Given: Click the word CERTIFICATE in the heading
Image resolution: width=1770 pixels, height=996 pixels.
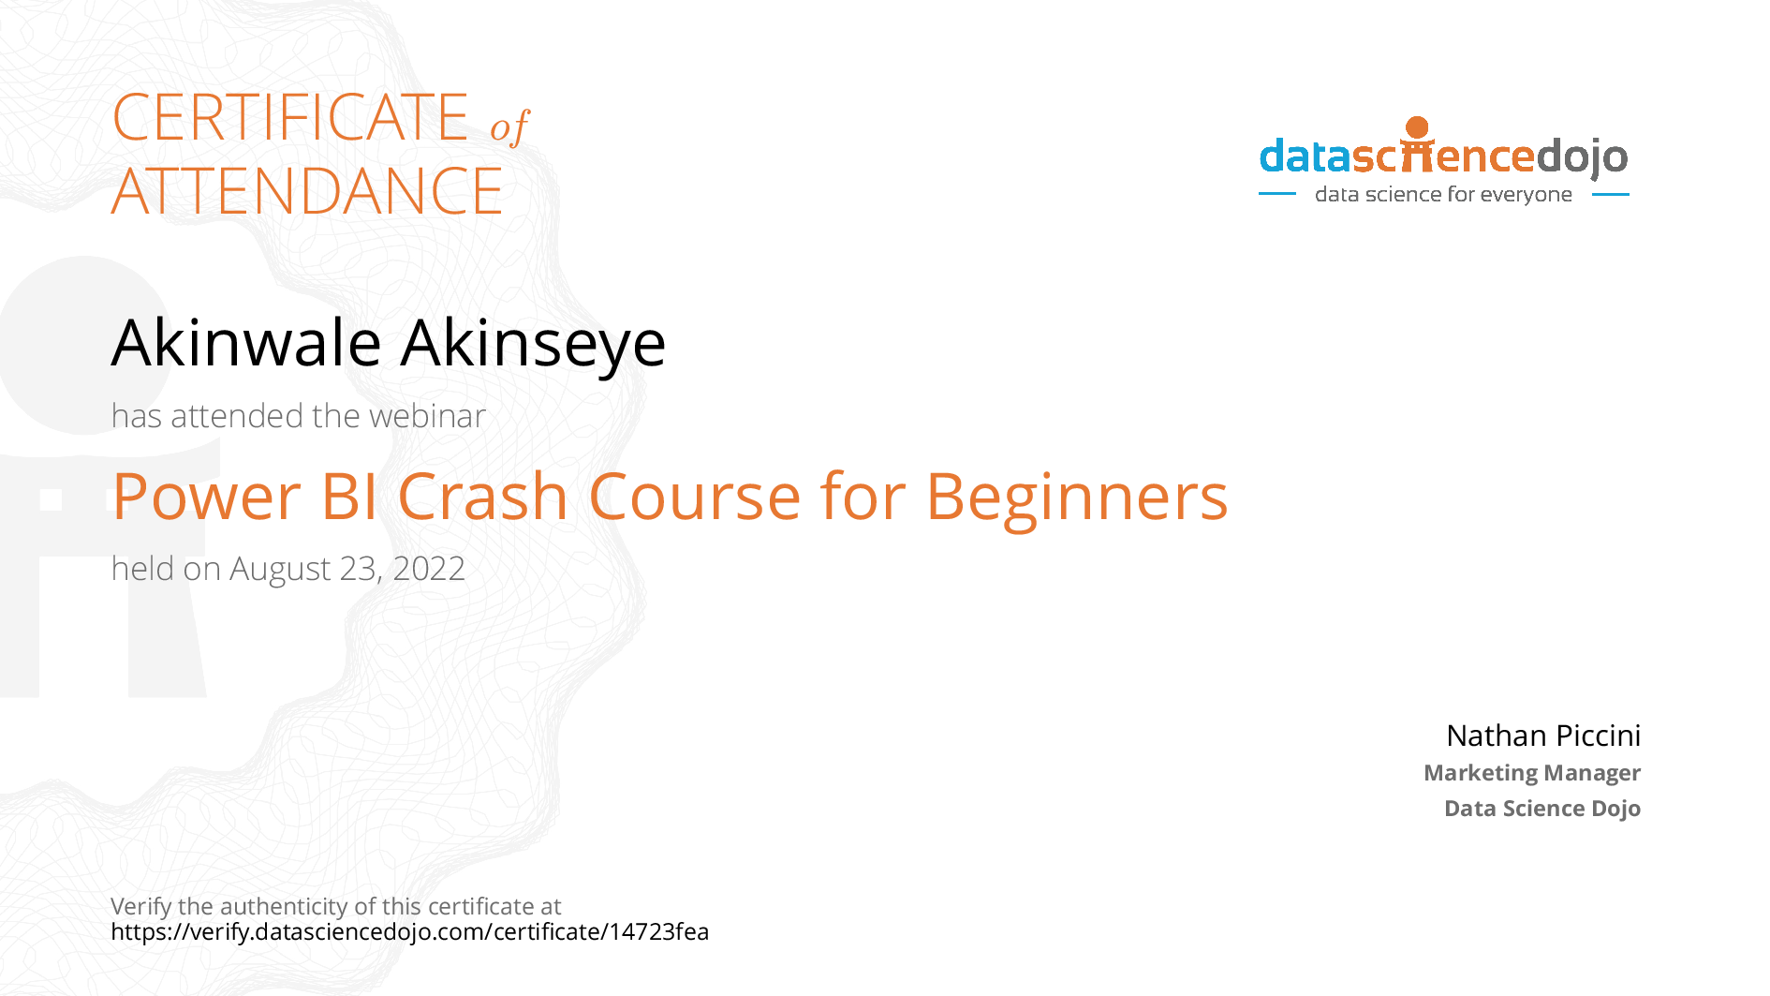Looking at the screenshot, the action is [x=290, y=117].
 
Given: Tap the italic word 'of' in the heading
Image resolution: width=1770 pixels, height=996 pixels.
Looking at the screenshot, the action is [x=510, y=126].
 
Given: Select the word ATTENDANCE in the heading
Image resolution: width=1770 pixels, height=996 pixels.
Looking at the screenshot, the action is [x=307, y=191].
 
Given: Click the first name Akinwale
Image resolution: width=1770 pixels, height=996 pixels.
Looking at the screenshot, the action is [x=246, y=342].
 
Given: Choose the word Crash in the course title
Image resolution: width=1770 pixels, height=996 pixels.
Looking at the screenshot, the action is [x=483, y=496].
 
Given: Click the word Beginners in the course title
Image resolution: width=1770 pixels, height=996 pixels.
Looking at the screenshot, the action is [x=1077, y=498].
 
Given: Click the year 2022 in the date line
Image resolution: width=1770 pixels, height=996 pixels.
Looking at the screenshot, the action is [x=429, y=569].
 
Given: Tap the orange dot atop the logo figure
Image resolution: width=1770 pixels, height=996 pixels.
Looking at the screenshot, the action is [x=1418, y=127].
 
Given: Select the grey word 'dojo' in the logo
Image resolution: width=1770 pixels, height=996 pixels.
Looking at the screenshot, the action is [x=1582, y=157].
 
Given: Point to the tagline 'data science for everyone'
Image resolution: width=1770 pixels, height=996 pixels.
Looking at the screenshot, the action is [x=1443, y=194].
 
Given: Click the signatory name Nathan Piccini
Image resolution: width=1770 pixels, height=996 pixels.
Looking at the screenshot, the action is [x=1543, y=736].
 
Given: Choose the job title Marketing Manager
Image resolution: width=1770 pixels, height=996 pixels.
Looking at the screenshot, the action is [x=1532, y=773].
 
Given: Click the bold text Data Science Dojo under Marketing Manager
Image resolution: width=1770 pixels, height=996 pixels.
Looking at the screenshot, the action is [x=1542, y=809].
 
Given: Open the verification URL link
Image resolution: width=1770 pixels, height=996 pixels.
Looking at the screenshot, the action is [x=410, y=932].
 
